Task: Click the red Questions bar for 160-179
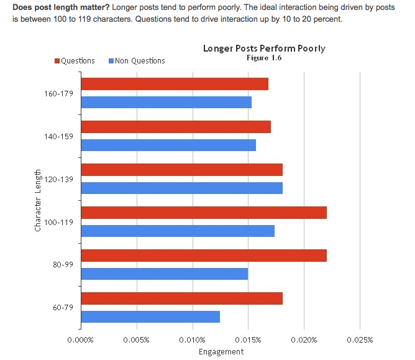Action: pyautogui.click(x=175, y=84)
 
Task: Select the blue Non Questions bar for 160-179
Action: pyautogui.click(x=166, y=102)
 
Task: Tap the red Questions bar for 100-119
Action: pyautogui.click(x=204, y=213)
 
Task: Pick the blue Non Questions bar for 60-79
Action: pyautogui.click(x=150, y=316)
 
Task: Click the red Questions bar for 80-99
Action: pyautogui.click(x=204, y=256)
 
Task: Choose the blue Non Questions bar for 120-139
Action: pyautogui.click(x=181, y=188)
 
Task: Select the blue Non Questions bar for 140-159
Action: pyautogui.click(x=168, y=145)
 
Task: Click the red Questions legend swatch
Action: pyautogui.click(x=57, y=61)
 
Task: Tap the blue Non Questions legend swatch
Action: pyautogui.click(x=111, y=61)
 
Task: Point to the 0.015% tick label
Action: pyautogui.click(x=249, y=339)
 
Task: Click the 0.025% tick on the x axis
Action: pyautogui.click(x=360, y=339)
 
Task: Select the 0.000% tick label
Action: pyautogui.click(x=80, y=339)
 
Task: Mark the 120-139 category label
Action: pyautogui.click(x=60, y=179)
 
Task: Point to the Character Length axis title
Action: pyautogui.click(x=39, y=200)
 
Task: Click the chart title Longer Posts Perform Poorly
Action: pyautogui.click(x=264, y=48)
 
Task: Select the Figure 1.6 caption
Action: pyautogui.click(x=264, y=58)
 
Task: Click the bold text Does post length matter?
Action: pyautogui.click(x=61, y=6)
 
